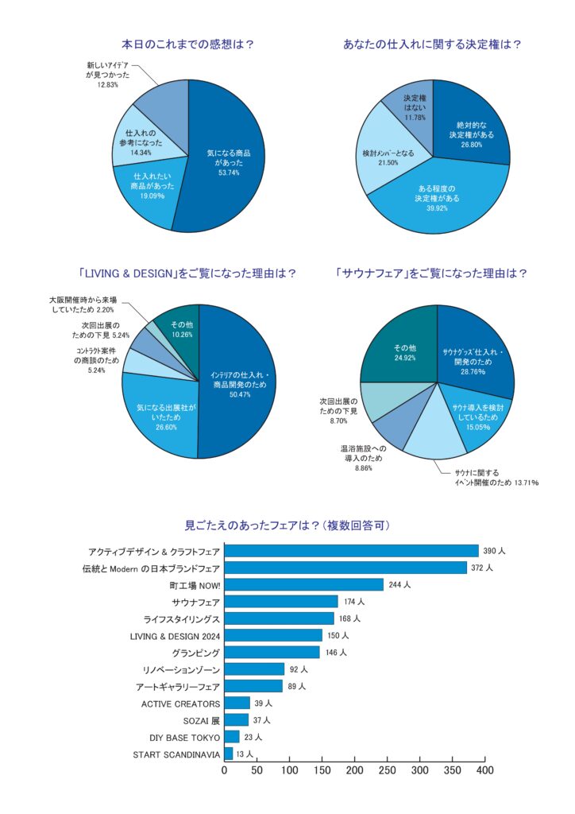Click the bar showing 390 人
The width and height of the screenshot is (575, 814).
pyautogui.click(x=352, y=551)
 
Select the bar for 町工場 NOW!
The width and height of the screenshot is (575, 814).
pyautogui.click(x=304, y=584)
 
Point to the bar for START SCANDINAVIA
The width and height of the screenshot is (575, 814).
pyautogui.click(x=229, y=754)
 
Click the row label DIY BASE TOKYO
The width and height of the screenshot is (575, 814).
pyautogui.click(x=184, y=737)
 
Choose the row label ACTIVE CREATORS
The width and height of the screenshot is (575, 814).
pyautogui.click(x=180, y=704)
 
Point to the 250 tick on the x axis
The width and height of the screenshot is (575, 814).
pyautogui.click(x=387, y=770)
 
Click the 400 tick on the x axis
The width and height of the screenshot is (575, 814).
pyautogui.click(x=484, y=770)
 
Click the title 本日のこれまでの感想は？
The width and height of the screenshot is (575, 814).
pyautogui.click(x=187, y=45)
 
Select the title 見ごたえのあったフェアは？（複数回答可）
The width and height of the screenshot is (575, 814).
pyautogui.click(x=287, y=525)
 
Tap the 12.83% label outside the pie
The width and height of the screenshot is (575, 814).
pyautogui.click(x=108, y=84)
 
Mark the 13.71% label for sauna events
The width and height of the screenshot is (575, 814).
pyautogui.click(x=522, y=483)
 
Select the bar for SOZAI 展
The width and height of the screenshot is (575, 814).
pyautogui.click(x=237, y=720)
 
